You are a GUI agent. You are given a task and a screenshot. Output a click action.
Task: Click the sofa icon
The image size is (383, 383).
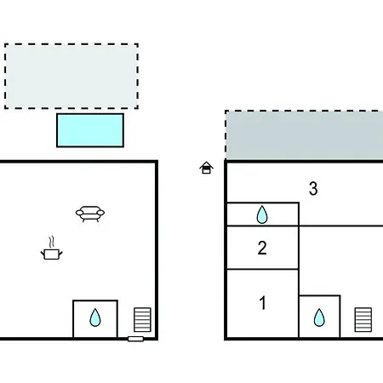(90, 214)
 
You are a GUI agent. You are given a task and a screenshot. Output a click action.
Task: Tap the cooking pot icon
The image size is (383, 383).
(52, 254)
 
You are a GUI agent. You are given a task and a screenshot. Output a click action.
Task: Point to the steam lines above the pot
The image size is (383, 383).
(51, 242)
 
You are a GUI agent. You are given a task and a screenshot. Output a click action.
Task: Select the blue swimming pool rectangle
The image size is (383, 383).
(90, 130)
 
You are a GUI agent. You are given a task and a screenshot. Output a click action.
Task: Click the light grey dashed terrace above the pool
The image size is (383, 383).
(71, 76)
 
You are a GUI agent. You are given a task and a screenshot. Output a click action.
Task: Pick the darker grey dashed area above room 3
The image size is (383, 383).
(304, 135)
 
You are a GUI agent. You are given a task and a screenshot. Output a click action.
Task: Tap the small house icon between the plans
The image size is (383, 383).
(206, 168)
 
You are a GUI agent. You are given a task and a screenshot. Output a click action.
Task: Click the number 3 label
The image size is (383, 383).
(313, 188)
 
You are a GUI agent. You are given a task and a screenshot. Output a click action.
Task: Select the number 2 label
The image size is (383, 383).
(262, 248)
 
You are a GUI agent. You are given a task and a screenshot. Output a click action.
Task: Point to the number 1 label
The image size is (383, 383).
(263, 303)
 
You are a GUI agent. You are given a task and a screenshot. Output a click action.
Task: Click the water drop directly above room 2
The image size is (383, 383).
(262, 214)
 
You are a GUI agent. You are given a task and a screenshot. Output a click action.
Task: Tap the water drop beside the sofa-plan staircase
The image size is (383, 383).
(95, 317)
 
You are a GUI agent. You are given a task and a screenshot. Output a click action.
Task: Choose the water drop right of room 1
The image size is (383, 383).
(319, 317)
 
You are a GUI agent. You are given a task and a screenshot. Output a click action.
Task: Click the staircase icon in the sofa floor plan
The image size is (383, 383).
(142, 319)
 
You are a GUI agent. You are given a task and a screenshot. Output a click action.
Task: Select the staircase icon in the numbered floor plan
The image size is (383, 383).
(363, 319)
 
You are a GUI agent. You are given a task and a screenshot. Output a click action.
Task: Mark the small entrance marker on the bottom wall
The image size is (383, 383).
(135, 339)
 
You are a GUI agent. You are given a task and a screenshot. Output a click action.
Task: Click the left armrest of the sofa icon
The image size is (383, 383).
(79, 213)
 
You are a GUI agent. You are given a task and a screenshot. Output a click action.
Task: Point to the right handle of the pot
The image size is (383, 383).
(60, 253)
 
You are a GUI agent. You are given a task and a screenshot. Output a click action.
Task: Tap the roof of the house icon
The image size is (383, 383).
(206, 164)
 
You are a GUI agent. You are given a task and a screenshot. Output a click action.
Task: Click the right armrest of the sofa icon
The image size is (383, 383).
(100, 213)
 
